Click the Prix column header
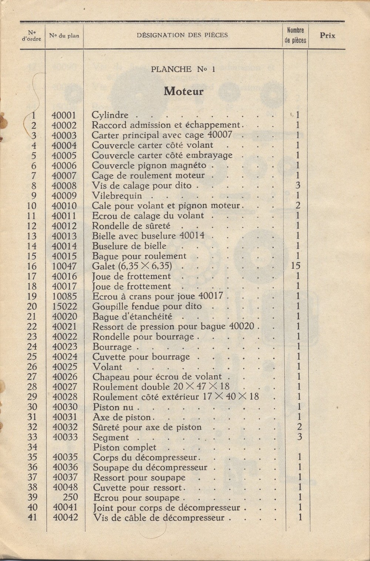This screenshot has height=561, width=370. pyautogui.click(x=327, y=36)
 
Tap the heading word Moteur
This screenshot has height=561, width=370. pyautogui.click(x=184, y=91)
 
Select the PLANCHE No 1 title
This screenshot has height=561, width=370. pyautogui.click(x=183, y=69)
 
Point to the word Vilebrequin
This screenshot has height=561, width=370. pyautogui.click(x=117, y=196)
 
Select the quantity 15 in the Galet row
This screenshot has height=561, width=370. pyautogui.click(x=296, y=266)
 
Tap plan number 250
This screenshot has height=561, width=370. pyautogui.click(x=70, y=497)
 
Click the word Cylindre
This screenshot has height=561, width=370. pyautogui.click(x=110, y=115)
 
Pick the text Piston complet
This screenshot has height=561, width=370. pyautogui.click(x=125, y=447)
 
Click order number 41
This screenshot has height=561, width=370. pyautogui.click(x=33, y=517)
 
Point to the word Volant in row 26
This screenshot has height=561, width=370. pyautogui.click(x=107, y=367)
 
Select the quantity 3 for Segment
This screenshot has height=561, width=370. pyautogui.click(x=299, y=437)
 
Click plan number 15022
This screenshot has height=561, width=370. pyautogui.click(x=64, y=306)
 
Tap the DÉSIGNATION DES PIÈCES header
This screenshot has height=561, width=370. pyautogui.click(x=182, y=36)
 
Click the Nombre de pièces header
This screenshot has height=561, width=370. pyautogui.click(x=295, y=36)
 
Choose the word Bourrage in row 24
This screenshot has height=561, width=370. pyautogui.click(x=112, y=347)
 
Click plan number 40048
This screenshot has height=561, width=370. pyautogui.click(x=65, y=487)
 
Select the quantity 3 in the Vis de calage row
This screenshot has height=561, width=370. pyautogui.click(x=298, y=185)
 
